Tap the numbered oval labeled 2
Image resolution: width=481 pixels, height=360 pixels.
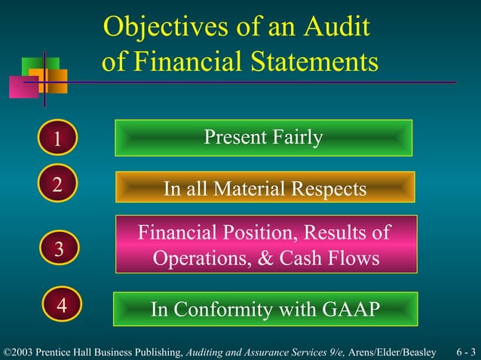pyautogui.click(x=57, y=183)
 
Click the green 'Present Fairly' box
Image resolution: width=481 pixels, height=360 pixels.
pyautogui.click(x=263, y=138)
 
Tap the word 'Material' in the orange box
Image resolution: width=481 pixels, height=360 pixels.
pyautogui.click(x=249, y=188)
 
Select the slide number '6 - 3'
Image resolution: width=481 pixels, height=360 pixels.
pyautogui.click(x=465, y=352)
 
